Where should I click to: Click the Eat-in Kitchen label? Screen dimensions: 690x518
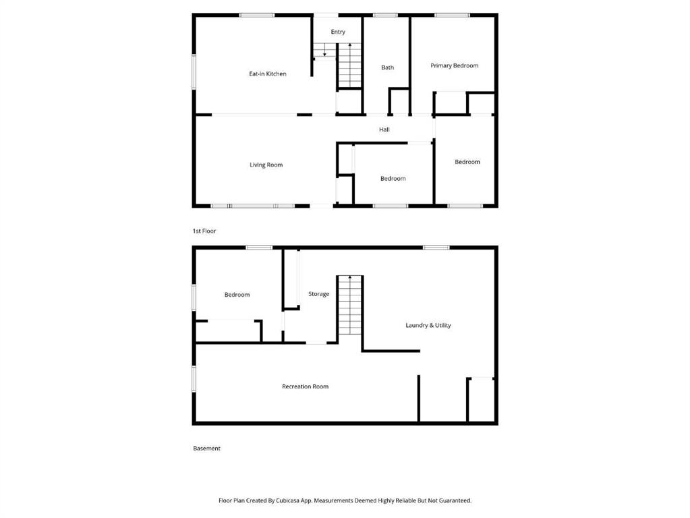268,74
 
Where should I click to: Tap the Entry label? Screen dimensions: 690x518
338,32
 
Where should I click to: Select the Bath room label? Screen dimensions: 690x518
388,67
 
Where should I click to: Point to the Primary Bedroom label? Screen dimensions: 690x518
454,65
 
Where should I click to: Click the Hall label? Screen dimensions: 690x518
384,129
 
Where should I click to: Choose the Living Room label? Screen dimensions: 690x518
266,165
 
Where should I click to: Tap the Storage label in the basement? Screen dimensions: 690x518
318,294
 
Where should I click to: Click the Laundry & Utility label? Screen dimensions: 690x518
428,325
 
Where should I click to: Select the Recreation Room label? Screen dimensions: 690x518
306,386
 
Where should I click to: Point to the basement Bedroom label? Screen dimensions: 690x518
237,295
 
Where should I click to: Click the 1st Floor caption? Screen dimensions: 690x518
204,231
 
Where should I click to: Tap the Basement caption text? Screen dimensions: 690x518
207,448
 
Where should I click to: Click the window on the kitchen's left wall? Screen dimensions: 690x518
194,71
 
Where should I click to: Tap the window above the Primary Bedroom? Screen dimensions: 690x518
452,16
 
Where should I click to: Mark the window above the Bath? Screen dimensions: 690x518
386,16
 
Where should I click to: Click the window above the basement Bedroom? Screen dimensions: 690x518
259,248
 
